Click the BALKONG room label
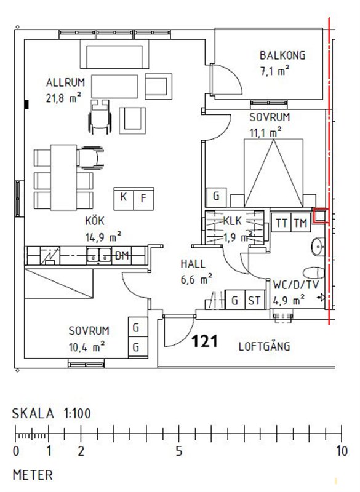(x=282, y=55)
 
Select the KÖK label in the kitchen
(x=95, y=221)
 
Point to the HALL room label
(x=193, y=264)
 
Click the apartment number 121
(x=205, y=341)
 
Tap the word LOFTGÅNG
(x=264, y=346)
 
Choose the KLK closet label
(x=233, y=221)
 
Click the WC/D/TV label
(x=296, y=285)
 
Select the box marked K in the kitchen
(x=124, y=199)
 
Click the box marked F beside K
(x=144, y=199)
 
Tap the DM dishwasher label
(x=122, y=255)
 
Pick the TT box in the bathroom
(x=281, y=223)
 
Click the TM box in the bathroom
(x=301, y=223)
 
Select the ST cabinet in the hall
(x=255, y=300)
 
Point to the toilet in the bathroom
(x=314, y=273)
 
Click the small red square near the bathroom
(x=321, y=216)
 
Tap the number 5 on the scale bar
(x=179, y=451)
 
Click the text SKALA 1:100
(x=52, y=413)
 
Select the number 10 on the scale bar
(x=342, y=451)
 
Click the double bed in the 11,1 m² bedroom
(x=273, y=173)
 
